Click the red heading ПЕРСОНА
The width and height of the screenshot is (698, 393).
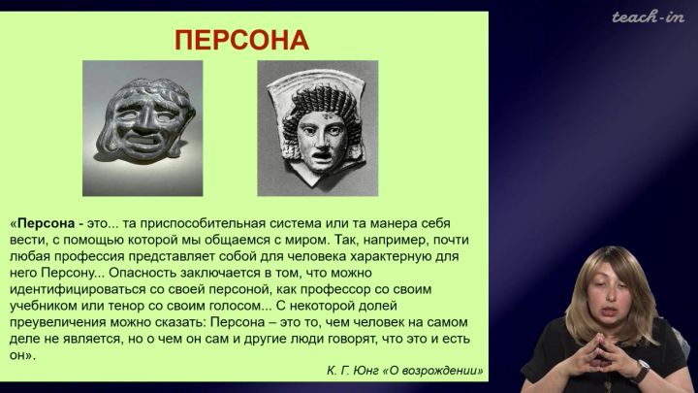coord(241,40)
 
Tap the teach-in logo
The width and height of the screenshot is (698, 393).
coord(648,17)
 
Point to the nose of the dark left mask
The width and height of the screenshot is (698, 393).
coord(145,123)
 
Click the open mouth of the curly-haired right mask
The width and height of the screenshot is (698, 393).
coord(320,157)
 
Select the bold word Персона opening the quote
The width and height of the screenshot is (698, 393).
coord(46,223)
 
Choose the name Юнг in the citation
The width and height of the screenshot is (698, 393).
coord(365,371)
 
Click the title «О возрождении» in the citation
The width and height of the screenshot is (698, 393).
coord(432,371)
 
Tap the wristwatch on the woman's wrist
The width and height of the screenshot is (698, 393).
coord(641,372)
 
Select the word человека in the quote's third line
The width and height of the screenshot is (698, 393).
coord(317,256)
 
